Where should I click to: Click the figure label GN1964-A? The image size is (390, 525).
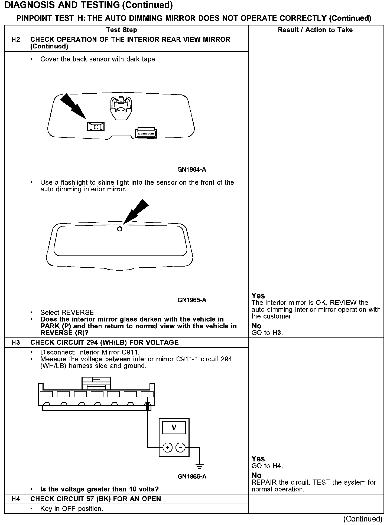click(x=192, y=170)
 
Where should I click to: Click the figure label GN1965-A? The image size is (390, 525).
click(x=192, y=300)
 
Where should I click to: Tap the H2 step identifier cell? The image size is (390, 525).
click(x=16, y=40)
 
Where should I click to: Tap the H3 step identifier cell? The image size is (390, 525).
click(x=16, y=342)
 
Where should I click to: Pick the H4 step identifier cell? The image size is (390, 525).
click(x=16, y=499)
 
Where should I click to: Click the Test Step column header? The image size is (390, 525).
click(x=121, y=30)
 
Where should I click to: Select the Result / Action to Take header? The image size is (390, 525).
click(x=315, y=30)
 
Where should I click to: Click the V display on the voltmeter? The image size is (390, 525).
click(x=174, y=428)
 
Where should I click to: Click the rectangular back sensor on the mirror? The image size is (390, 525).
click(x=96, y=126)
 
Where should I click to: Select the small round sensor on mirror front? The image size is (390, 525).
click(x=119, y=229)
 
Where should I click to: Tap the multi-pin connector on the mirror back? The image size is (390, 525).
click(x=146, y=133)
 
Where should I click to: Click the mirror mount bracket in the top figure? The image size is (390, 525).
click(x=121, y=107)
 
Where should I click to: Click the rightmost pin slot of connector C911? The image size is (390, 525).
click(x=147, y=394)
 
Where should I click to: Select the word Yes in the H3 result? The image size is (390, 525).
click(x=258, y=459)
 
